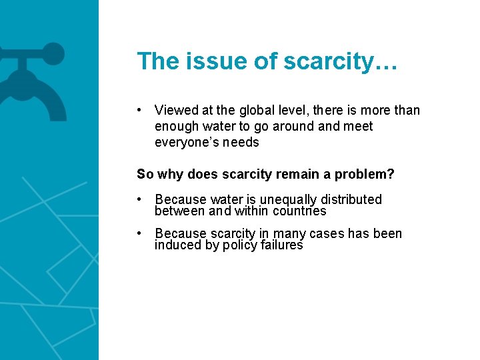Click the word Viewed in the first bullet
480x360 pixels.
pos(174,110)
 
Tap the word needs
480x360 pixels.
pos(241,142)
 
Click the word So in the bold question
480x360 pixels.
pos(145,175)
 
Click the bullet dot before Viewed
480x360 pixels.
pos(140,110)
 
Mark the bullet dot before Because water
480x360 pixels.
pos(140,199)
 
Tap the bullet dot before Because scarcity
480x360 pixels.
pos(140,233)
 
